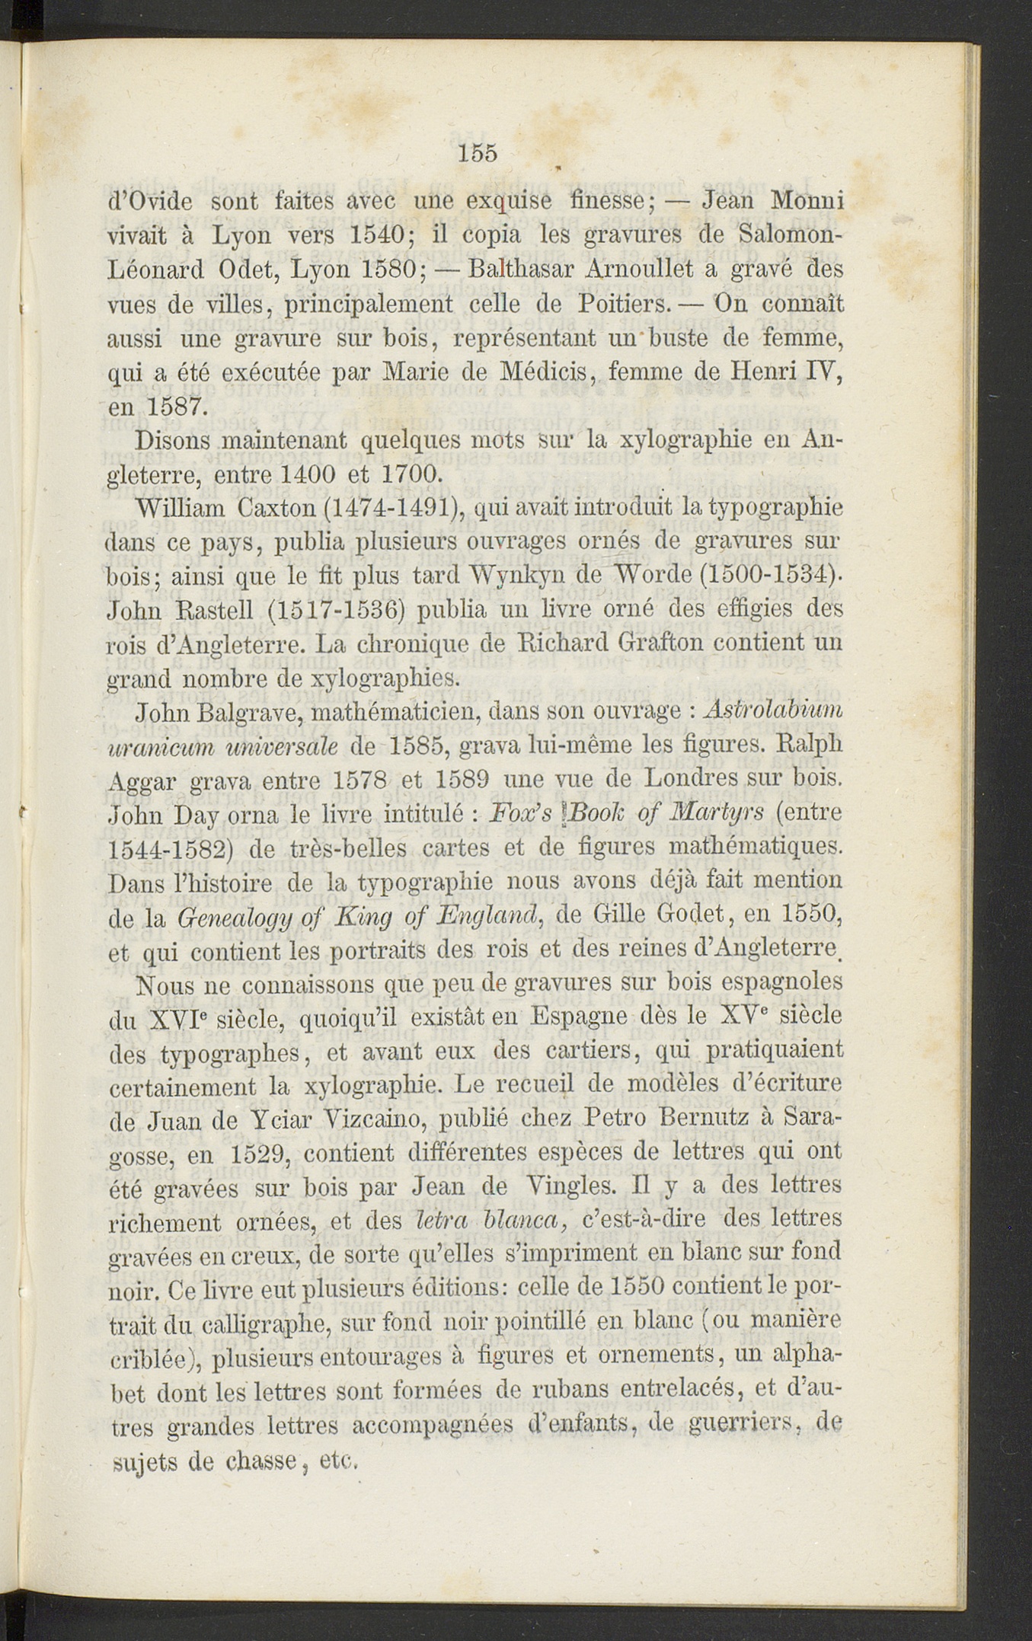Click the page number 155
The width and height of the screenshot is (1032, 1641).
[478, 153]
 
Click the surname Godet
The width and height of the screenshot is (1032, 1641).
[689, 913]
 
